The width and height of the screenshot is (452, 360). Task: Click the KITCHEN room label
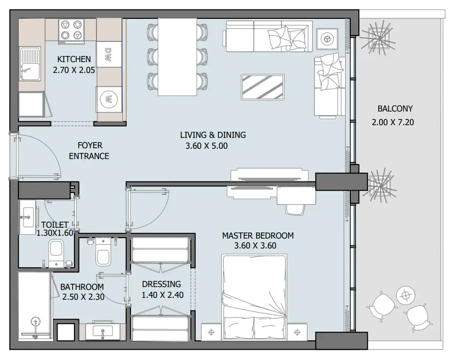click(x=74, y=59)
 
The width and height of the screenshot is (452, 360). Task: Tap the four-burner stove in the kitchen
click(x=71, y=30)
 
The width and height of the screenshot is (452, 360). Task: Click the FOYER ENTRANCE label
click(x=89, y=151)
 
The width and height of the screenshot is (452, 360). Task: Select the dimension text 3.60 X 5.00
click(x=207, y=146)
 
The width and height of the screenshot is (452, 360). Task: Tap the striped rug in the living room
click(x=263, y=87)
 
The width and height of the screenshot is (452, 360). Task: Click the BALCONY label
click(x=395, y=109)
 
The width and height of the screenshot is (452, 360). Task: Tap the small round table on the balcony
click(x=404, y=296)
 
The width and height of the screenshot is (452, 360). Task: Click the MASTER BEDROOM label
click(x=258, y=235)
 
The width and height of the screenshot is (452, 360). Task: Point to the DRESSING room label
click(x=161, y=284)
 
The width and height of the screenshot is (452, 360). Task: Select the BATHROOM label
click(x=82, y=287)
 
